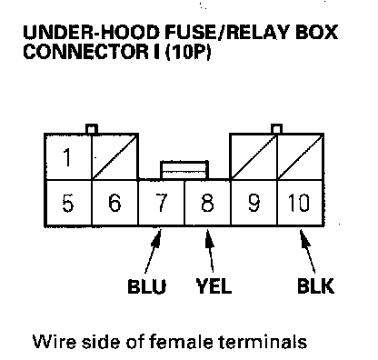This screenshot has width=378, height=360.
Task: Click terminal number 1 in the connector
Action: tap(68, 157)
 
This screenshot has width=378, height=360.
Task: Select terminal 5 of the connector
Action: tap(68, 203)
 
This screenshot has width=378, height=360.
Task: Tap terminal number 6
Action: tap(114, 203)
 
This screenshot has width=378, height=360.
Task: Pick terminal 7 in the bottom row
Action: tap(161, 203)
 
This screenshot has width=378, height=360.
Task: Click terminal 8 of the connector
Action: tap(207, 203)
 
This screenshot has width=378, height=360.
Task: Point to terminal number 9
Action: tap(254, 203)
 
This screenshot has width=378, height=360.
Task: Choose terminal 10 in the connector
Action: tap(300, 203)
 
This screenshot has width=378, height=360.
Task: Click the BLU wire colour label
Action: tap(147, 286)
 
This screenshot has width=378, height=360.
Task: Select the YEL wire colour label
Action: tap(214, 286)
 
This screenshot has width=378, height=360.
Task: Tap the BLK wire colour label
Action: tap(316, 286)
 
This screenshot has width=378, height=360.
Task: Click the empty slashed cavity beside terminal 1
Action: tap(115, 157)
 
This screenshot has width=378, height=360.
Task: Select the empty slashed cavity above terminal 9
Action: tap(254, 157)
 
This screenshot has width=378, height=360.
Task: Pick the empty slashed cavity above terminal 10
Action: tap(301, 157)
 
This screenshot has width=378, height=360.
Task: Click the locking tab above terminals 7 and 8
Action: tap(184, 170)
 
